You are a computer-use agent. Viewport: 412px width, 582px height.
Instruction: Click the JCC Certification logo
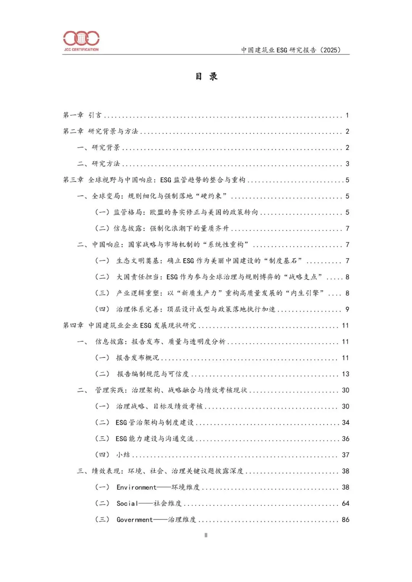(81, 41)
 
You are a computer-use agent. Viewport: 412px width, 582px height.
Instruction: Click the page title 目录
(206, 76)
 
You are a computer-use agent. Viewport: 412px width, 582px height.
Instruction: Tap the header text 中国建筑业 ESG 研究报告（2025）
(291, 50)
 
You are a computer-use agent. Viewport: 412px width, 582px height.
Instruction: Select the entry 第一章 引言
(82, 115)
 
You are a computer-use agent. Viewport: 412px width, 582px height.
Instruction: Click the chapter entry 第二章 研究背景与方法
(101, 131)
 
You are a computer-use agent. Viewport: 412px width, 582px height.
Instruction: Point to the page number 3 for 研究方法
(347, 164)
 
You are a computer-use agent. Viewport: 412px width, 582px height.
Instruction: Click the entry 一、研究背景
(98, 148)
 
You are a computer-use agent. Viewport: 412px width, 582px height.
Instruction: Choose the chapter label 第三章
(73, 180)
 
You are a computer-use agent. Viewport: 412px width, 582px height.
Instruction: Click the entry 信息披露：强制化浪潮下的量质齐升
(171, 228)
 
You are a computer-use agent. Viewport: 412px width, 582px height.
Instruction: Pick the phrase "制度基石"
(283, 261)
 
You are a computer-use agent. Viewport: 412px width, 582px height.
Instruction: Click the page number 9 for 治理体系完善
(347, 309)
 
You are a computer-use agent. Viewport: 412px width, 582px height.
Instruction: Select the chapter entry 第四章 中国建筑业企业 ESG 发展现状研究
(130, 325)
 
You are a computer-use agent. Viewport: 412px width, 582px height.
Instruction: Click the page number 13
(345, 374)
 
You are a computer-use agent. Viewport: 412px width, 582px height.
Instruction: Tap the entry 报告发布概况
(137, 358)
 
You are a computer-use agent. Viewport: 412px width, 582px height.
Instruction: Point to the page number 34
(345, 422)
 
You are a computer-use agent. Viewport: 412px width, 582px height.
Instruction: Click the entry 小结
(123, 455)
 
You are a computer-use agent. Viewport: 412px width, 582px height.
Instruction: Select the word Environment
(137, 487)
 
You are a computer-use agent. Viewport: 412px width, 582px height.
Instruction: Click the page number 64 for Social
(345, 503)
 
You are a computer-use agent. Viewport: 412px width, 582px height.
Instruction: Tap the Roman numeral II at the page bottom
(206, 535)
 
